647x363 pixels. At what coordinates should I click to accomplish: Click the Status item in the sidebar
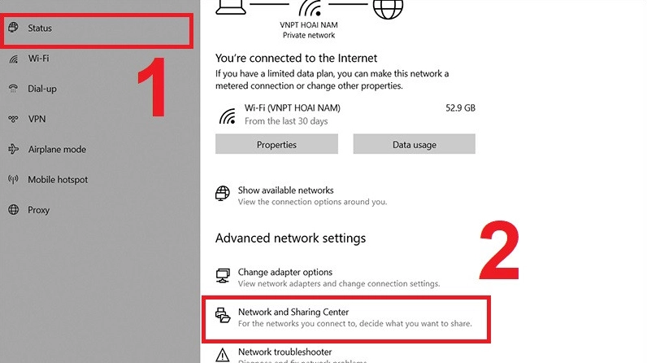pyautogui.click(x=40, y=28)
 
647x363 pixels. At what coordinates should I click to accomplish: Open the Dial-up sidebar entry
pyautogui.click(x=42, y=89)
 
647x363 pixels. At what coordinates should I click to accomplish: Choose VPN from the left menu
pyautogui.click(x=37, y=119)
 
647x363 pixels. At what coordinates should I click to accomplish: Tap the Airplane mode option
pyautogui.click(x=56, y=150)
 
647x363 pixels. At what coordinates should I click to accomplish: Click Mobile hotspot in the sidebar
pyautogui.click(x=58, y=180)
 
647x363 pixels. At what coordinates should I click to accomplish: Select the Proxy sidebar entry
pyautogui.click(x=38, y=210)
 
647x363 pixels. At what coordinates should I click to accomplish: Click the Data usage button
pyautogui.click(x=414, y=145)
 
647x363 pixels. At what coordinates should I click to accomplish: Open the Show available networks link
pyautogui.click(x=285, y=190)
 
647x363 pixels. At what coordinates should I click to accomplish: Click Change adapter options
pyautogui.click(x=284, y=273)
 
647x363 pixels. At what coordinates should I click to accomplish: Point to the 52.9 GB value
pyautogui.click(x=460, y=107)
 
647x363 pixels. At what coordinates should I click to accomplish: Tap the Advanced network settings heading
pyautogui.click(x=290, y=238)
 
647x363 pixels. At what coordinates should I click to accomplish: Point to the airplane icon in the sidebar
pyautogui.click(x=13, y=150)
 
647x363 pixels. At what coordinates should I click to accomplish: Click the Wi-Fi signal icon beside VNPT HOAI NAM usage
pyautogui.click(x=227, y=115)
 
